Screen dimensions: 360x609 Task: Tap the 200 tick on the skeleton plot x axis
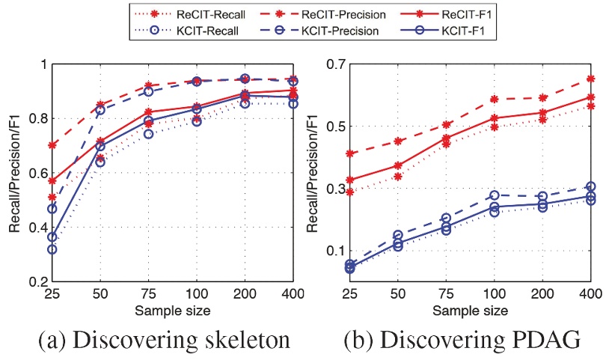245,294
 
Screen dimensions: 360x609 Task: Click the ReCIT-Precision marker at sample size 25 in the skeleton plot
52,145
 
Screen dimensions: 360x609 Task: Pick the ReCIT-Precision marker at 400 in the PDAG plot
591,79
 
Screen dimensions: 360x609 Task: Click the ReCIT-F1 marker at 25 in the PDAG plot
350,180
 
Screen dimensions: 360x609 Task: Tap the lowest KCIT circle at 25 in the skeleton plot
52,249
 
